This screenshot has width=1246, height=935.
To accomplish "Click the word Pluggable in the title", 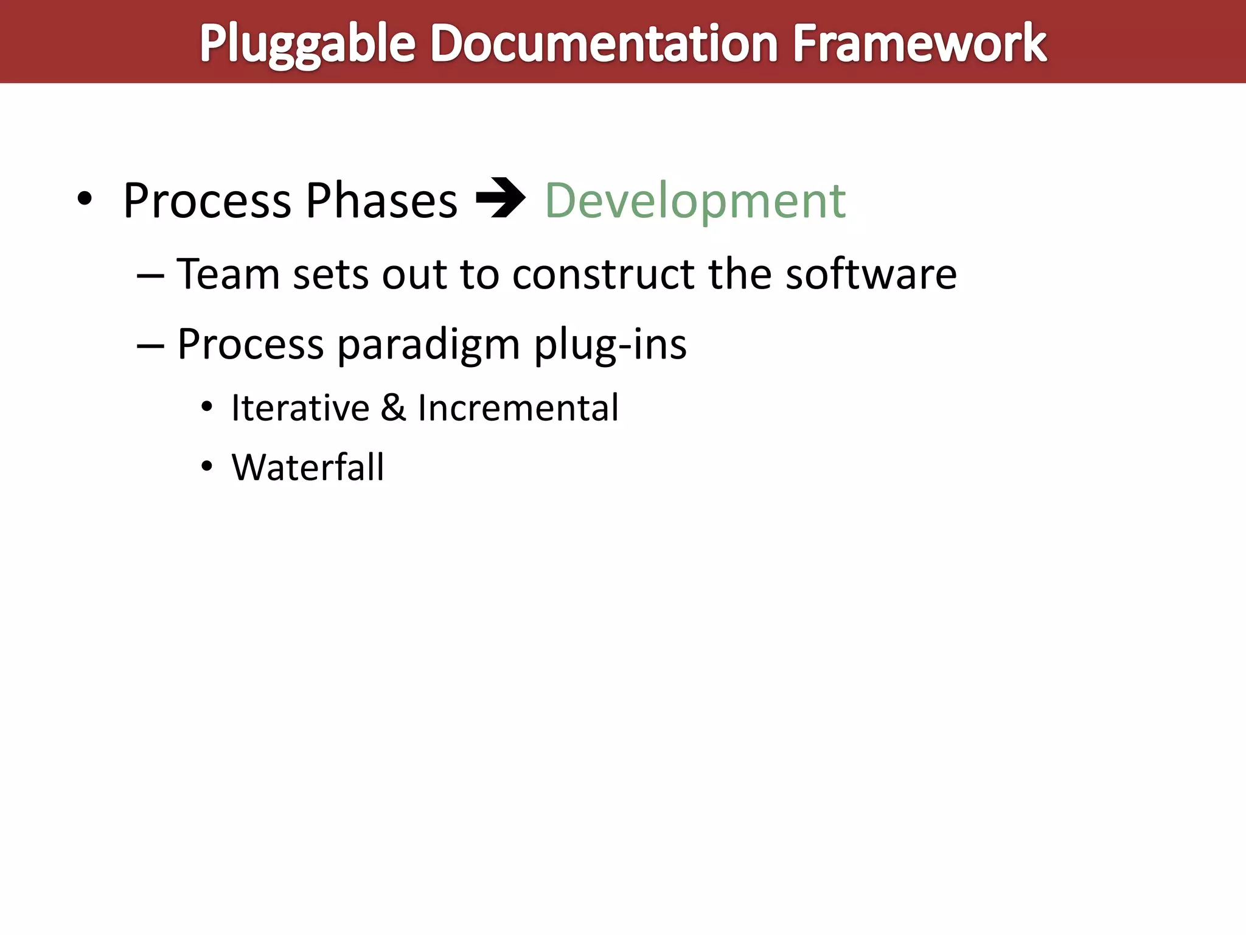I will click(307, 44).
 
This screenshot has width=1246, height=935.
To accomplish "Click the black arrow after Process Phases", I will click(500, 198).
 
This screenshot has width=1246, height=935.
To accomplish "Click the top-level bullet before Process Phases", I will click(85, 199).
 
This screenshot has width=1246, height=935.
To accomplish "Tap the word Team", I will click(228, 274).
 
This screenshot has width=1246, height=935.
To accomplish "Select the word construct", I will click(603, 274).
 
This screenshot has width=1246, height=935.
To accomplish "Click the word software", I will click(871, 274).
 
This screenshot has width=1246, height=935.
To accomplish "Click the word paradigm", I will click(428, 345).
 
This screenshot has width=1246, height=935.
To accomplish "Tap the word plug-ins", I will click(610, 345).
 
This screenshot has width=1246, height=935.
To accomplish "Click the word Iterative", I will click(300, 407).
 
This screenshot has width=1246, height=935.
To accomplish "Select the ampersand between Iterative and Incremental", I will click(393, 407).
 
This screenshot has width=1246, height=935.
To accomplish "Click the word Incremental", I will click(518, 407).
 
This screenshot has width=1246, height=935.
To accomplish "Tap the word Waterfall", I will click(307, 467).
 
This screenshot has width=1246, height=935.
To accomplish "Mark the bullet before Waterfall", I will click(207, 467).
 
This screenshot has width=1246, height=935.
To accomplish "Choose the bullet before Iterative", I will click(207, 407).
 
